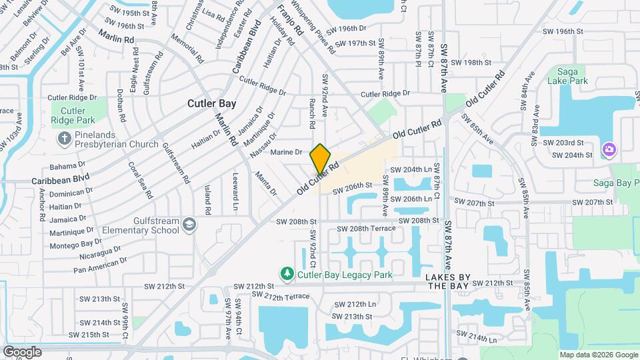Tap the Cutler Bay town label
(211, 103)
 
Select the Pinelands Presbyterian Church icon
(64, 139)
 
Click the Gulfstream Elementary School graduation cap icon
(189, 224)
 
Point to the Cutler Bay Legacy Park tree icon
(287, 273)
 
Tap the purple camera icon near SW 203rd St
(608, 149)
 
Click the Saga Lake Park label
(567, 75)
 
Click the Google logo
(22, 352)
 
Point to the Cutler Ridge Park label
(72, 115)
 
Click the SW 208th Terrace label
(366, 229)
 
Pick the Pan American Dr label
(100, 264)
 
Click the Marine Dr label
(287, 153)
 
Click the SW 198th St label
(471, 62)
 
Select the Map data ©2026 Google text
(598, 355)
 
